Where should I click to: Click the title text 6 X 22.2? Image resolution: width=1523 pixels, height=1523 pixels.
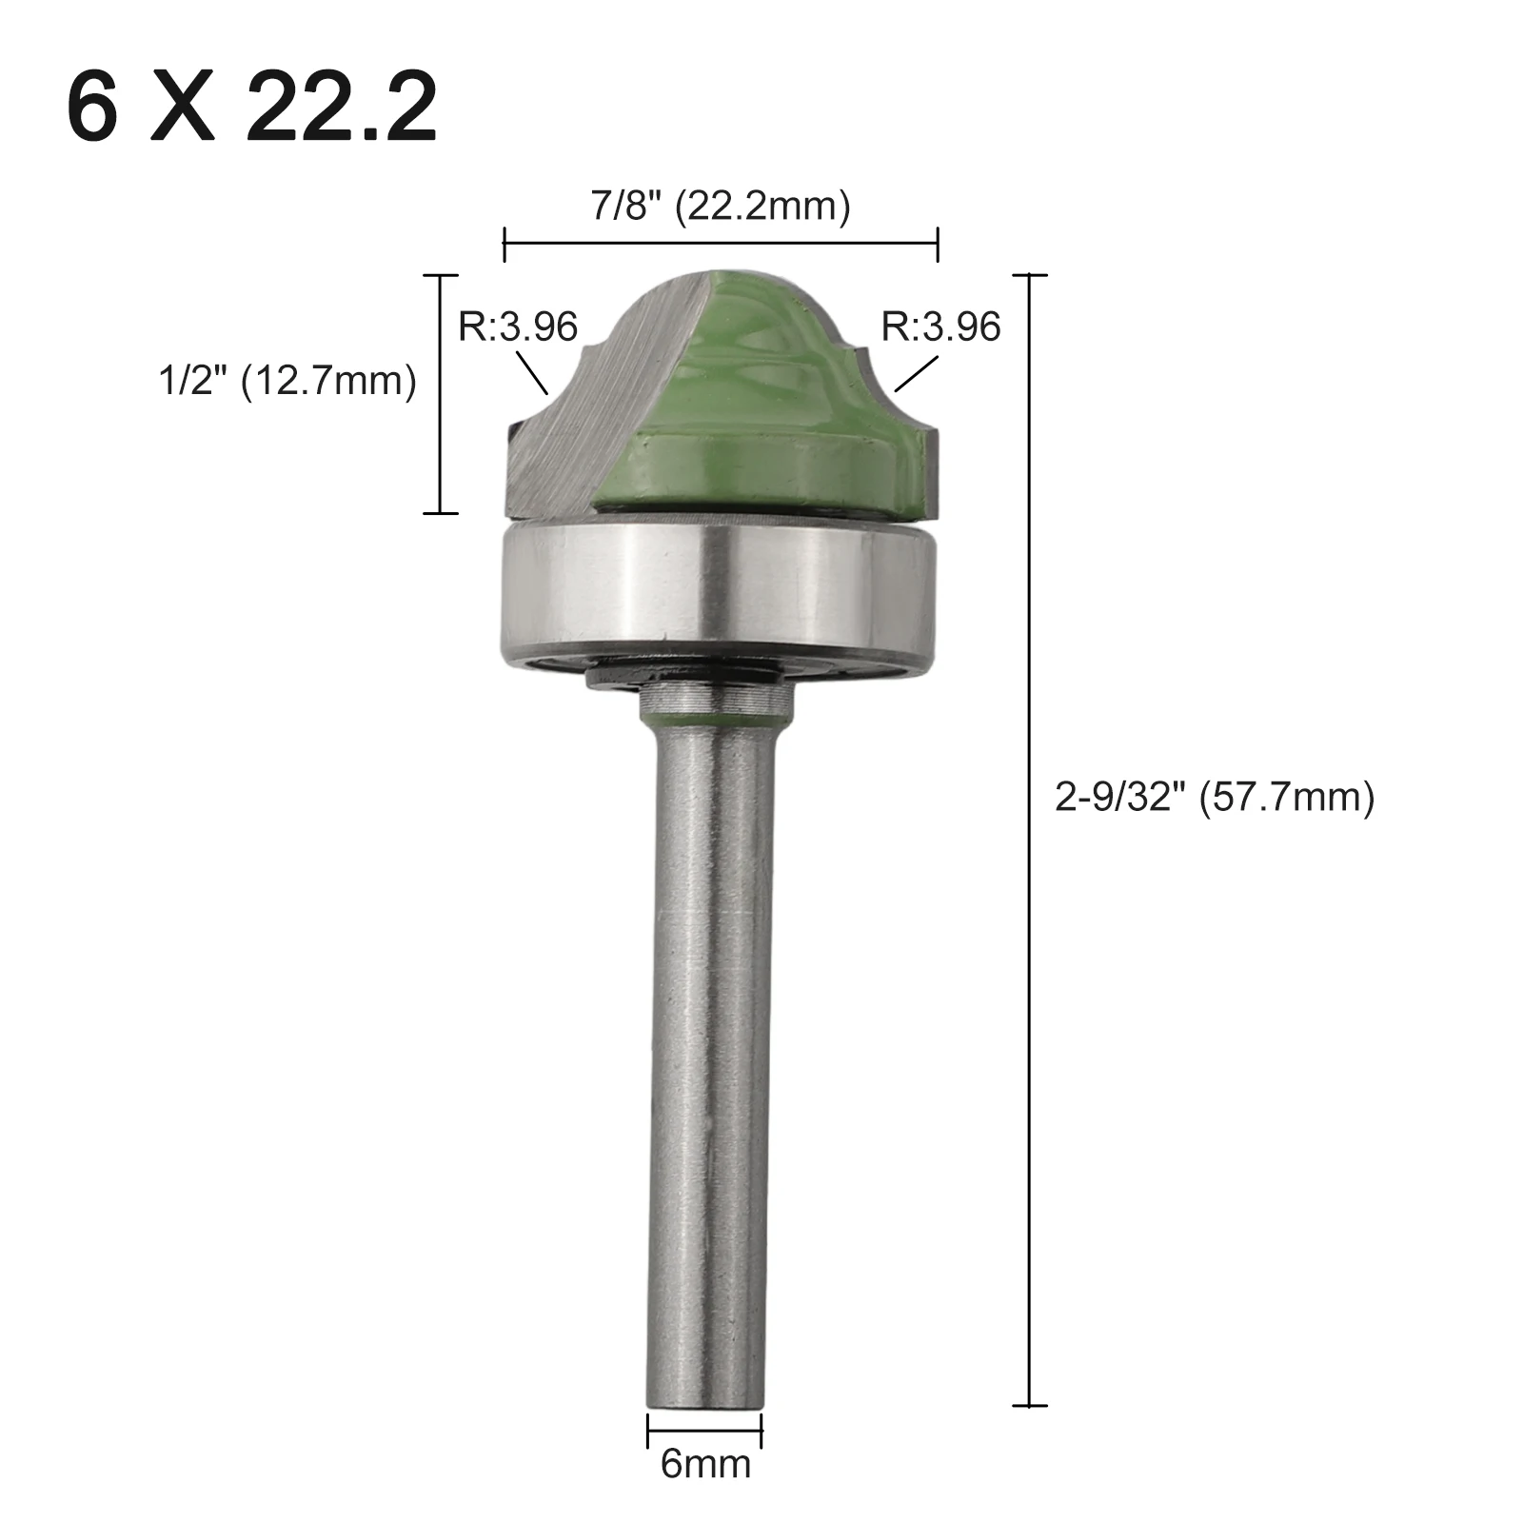(x=252, y=106)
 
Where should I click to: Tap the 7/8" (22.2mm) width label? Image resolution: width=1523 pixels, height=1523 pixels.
(x=721, y=207)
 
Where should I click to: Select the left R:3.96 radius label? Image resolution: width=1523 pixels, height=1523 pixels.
(x=517, y=326)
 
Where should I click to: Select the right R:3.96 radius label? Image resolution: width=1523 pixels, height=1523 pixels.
(x=940, y=326)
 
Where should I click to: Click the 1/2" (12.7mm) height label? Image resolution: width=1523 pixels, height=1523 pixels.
(x=287, y=382)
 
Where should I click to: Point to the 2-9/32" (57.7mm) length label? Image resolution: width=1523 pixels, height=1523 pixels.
(x=1215, y=797)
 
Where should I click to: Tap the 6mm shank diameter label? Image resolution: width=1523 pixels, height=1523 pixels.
(x=705, y=1464)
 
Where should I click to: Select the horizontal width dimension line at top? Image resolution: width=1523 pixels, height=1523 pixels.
(x=721, y=244)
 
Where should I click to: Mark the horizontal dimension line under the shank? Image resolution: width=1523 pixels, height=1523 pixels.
(x=704, y=1429)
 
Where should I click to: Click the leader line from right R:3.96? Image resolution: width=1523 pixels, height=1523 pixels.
(x=917, y=374)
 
